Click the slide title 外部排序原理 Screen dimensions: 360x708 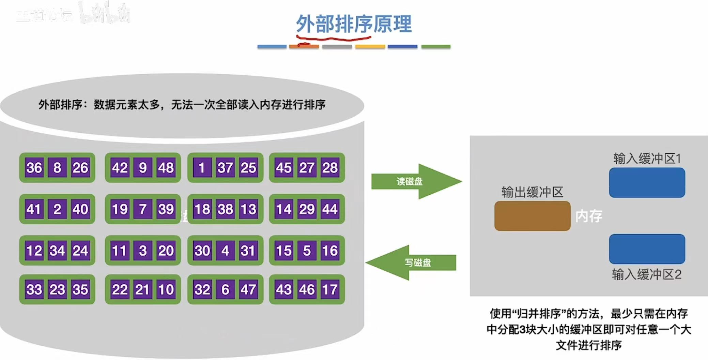(354, 24)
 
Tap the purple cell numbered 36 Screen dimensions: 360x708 (34, 167)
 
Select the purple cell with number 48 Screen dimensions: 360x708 (166, 167)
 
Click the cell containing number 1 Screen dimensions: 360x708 (202, 167)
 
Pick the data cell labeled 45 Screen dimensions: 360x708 (284, 167)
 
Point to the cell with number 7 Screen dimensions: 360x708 (143, 209)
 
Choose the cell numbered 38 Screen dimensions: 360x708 (225, 209)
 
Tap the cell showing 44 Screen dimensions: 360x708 (330, 209)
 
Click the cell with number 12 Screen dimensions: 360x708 (34, 251)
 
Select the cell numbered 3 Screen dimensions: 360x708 (143, 251)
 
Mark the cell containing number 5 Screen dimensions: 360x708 (307, 251)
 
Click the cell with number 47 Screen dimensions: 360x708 (248, 289)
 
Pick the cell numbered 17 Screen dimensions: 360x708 (330, 289)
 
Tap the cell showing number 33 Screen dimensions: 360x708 (34, 289)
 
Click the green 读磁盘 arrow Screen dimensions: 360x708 (416, 181)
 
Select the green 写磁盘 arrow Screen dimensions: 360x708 (412, 262)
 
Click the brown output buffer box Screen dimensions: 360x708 (532, 216)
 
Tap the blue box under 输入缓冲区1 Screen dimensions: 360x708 (647, 183)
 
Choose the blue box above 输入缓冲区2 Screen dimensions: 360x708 (647, 249)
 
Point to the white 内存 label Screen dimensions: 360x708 (588, 216)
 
